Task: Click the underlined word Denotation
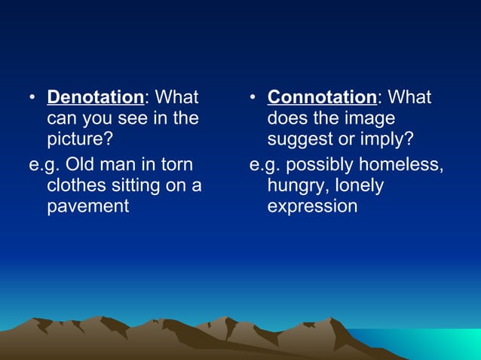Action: point(95,97)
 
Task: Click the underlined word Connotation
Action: point(322,97)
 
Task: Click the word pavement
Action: point(88,206)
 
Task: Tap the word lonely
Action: point(360,184)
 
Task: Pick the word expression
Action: point(312,206)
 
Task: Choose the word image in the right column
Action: point(369,118)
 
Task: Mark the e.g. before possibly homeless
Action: point(265,163)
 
